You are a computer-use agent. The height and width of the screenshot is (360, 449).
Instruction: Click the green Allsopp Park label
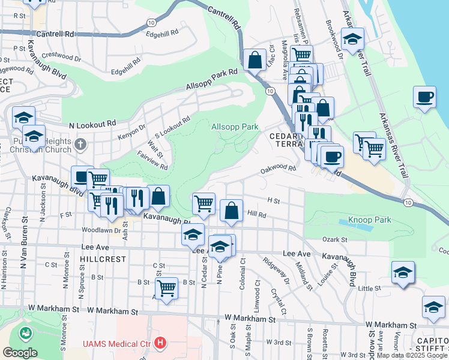tap(235, 127)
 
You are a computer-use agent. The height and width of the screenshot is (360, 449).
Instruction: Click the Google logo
tap(20, 352)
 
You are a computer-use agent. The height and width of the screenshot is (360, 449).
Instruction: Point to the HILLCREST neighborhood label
tap(103, 259)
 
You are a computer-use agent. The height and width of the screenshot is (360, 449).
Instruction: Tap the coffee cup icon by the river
tap(425, 97)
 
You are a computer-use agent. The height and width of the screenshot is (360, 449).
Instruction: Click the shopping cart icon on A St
tap(166, 287)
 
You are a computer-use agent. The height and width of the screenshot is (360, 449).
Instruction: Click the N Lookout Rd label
tap(92, 124)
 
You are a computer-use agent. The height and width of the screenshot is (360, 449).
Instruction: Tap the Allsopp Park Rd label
tap(212, 79)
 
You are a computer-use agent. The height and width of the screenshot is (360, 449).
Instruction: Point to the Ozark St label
tap(335, 239)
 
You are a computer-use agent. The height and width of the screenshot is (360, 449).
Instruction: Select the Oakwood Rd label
tap(279, 169)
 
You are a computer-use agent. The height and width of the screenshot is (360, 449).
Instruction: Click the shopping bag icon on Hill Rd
tap(231, 211)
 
